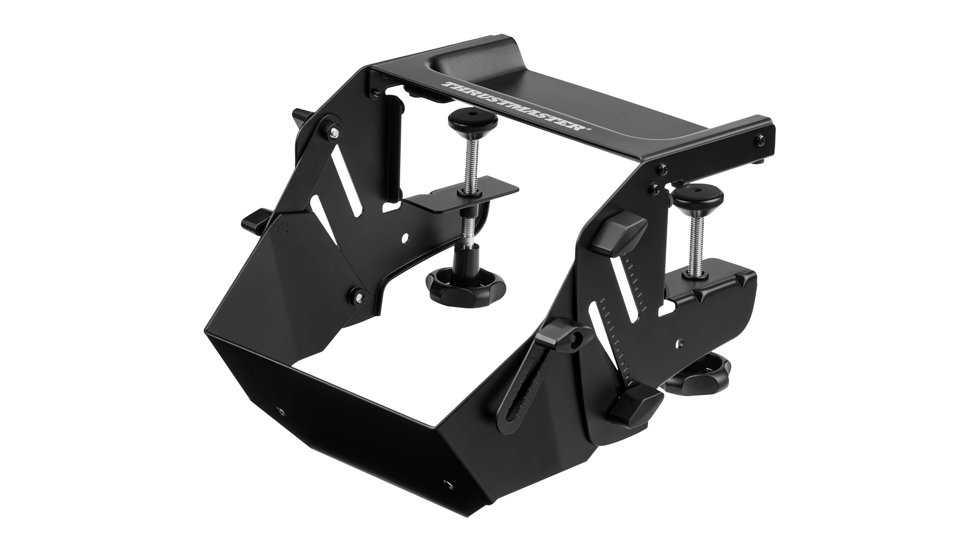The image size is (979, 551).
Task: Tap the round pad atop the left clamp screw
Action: [x=471, y=122]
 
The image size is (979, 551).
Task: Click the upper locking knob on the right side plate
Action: [x=624, y=230]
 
